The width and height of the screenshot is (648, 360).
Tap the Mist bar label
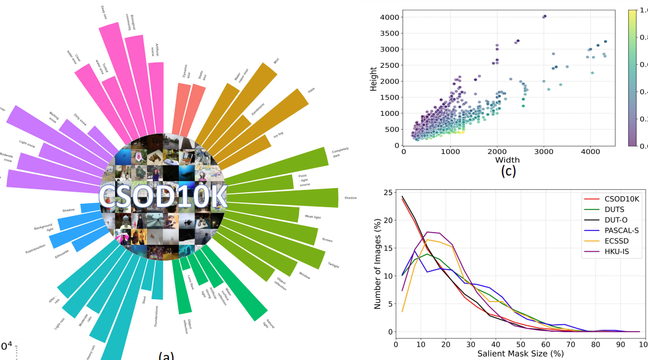[276, 60]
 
